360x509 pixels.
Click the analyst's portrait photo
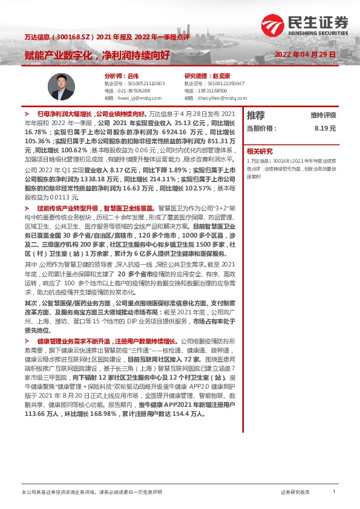[x=61, y=86]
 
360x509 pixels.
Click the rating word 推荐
[x=256, y=115]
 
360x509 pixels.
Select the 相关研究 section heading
[x=260, y=151]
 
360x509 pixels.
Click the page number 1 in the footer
[x=334, y=492]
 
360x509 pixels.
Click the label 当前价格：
[x=262, y=128]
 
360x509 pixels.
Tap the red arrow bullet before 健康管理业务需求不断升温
[x=27, y=342]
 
